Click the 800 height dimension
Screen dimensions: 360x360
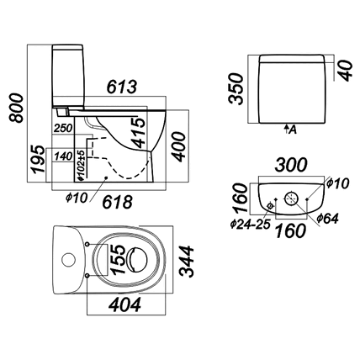tap(16, 109)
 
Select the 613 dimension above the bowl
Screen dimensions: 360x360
tap(122, 87)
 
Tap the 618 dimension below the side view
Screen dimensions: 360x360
tap(117, 202)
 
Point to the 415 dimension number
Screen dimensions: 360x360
tap(139, 133)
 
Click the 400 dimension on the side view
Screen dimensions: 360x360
tap(179, 147)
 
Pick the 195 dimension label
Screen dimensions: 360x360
tap(38, 159)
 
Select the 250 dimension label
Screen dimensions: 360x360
tap(63, 129)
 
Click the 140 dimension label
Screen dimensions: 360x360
tap(63, 156)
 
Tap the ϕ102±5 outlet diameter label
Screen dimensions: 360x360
tap(81, 165)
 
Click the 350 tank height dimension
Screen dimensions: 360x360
tap(236, 89)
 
